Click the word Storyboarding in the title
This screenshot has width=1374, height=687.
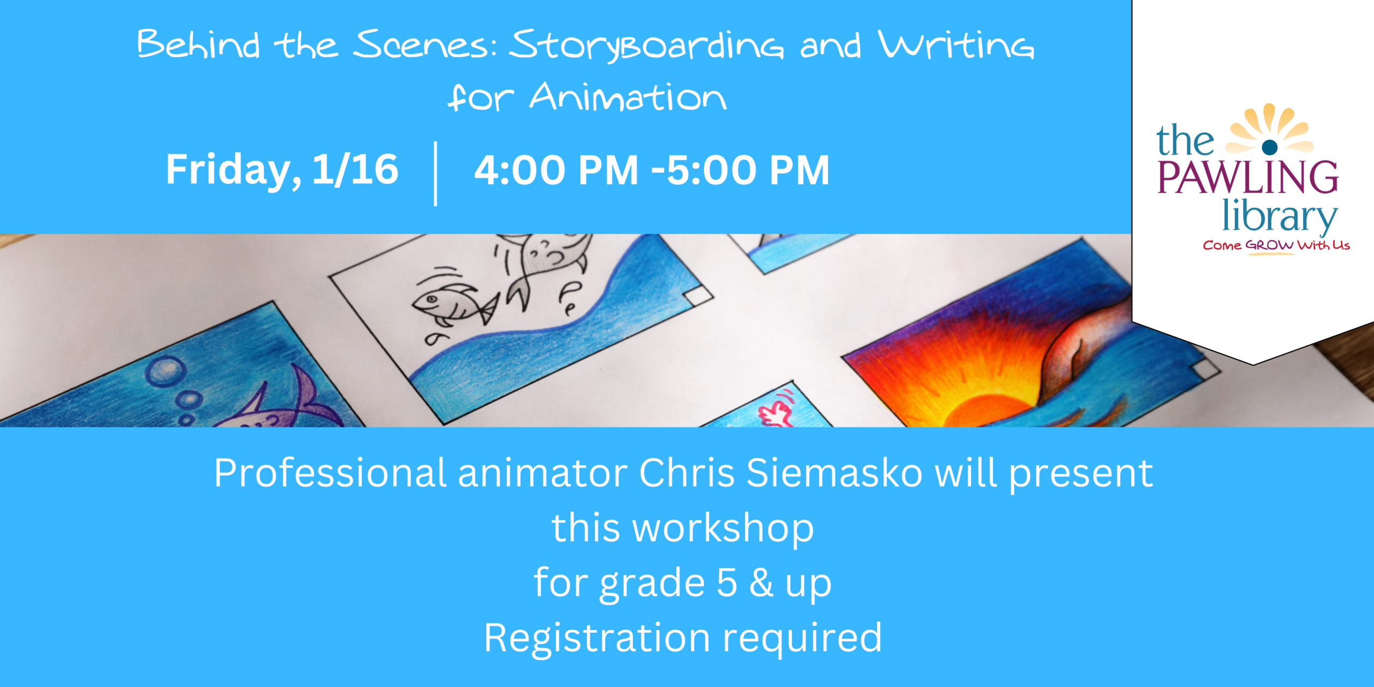pos(646,45)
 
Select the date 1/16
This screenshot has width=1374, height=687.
pos(355,170)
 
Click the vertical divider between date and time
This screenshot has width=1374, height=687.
pos(435,174)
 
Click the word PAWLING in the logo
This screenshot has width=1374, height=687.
pos(1248,177)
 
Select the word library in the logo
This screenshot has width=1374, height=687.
pos(1280,216)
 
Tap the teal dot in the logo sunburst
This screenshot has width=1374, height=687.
pos(1270,146)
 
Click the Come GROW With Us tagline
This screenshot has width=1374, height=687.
pos(1276,246)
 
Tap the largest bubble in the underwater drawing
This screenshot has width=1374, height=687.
pos(167,371)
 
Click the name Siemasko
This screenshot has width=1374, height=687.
pos(835,473)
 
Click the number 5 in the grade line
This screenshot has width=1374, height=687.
pos(727,583)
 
